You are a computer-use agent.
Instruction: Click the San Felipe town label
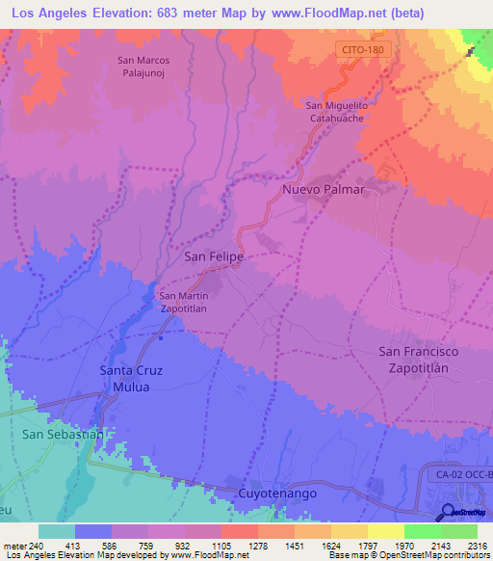213,257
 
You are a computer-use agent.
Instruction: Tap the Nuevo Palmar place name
324,190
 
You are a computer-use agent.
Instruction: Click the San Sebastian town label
63,435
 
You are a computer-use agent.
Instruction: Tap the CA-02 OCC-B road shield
460,476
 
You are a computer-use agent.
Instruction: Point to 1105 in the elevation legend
221,545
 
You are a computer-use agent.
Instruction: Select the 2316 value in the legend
477,545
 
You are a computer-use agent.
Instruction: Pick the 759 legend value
147,545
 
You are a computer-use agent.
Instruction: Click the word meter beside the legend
14,545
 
